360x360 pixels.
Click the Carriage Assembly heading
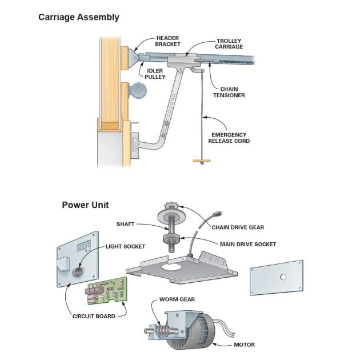click(x=79, y=17)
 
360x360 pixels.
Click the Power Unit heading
click(x=85, y=205)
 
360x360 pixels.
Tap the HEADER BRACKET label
click(x=168, y=41)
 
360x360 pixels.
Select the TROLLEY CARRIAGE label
click(x=229, y=44)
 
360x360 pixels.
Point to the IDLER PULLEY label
click(x=155, y=73)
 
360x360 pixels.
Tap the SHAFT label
click(x=125, y=224)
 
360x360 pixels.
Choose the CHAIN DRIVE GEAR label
click(x=238, y=227)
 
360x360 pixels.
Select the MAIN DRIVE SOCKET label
click(x=248, y=244)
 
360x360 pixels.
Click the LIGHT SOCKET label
click(x=125, y=246)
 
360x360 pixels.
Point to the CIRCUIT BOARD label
click(x=94, y=316)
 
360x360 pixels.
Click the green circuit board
click(x=107, y=290)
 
